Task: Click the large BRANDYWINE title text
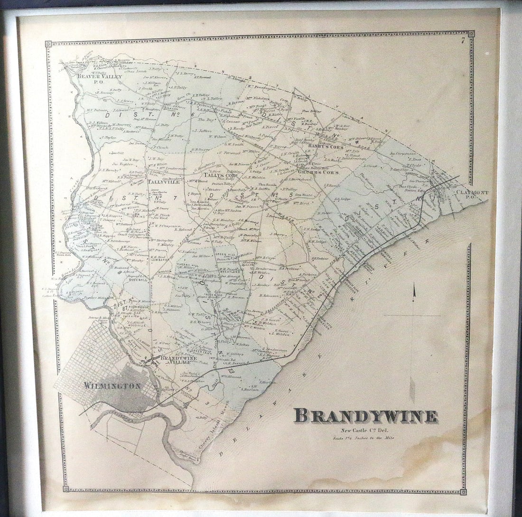[x=365, y=416]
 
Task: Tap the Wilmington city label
[x=112, y=386]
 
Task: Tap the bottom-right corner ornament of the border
[x=463, y=491]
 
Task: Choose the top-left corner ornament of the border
[x=48, y=44]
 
